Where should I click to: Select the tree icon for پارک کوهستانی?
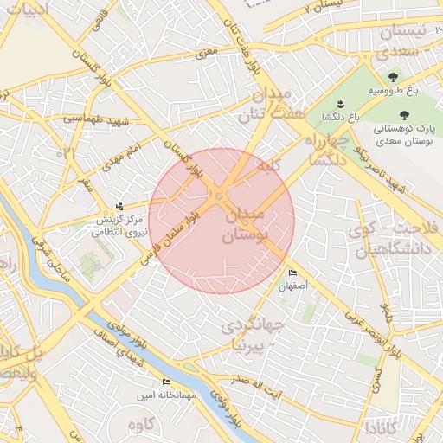click(x=403, y=114)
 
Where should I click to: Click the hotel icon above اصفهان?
click(x=292, y=273)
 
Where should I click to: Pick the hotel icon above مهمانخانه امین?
click(x=166, y=382)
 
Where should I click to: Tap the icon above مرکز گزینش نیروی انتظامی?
click(x=119, y=206)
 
